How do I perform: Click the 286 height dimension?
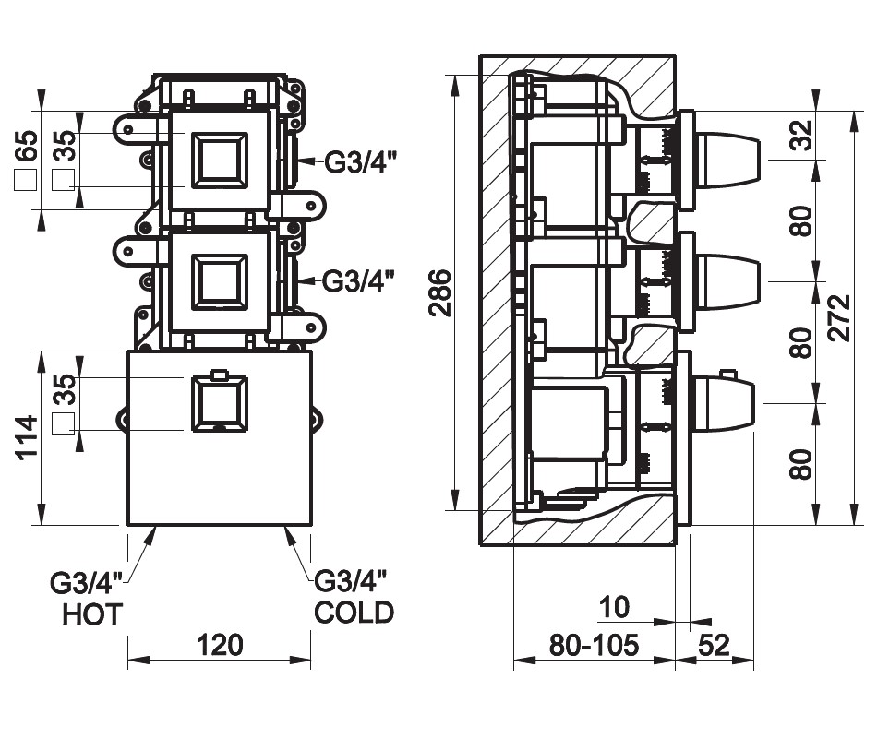tap(441, 292)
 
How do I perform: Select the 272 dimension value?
tap(839, 317)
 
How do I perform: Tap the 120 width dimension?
tap(220, 645)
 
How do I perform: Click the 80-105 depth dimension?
tap(594, 645)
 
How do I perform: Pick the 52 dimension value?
tap(714, 645)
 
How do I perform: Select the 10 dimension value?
tap(614, 607)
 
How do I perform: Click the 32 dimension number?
tap(801, 135)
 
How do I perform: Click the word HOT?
tap(92, 614)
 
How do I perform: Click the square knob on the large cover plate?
tap(219, 403)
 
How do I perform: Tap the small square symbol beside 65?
tap(26, 179)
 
